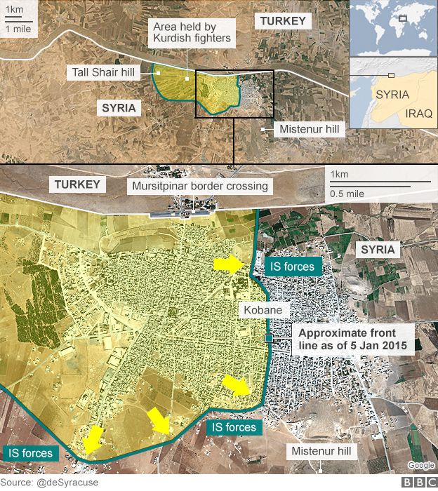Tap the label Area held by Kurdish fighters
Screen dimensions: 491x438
(192, 32)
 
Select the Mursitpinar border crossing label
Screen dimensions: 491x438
(199, 186)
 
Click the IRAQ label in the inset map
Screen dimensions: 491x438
(419, 114)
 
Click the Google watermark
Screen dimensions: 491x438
(420, 465)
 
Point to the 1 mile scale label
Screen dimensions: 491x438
(18, 29)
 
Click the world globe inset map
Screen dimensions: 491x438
(393, 28)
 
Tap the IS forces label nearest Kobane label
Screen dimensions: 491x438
(293, 266)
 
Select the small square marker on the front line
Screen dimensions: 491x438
(269, 339)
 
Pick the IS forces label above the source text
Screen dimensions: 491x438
(28, 453)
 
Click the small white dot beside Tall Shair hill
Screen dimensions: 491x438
(158, 72)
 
